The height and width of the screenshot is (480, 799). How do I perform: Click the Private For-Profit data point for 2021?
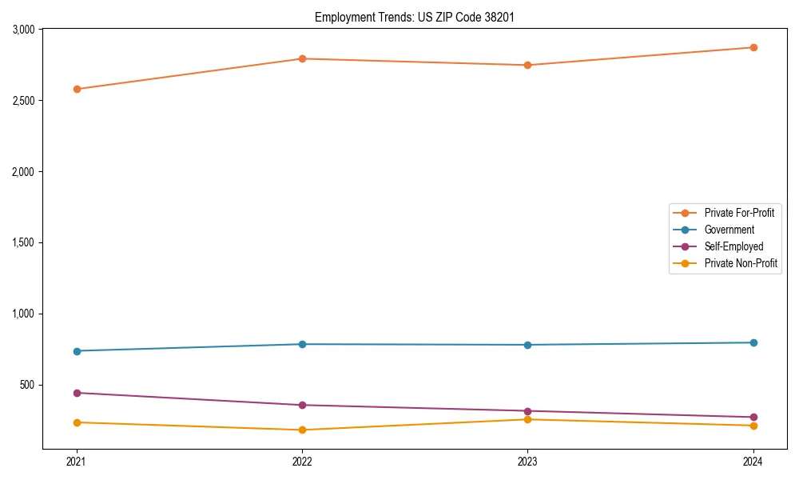coord(77,89)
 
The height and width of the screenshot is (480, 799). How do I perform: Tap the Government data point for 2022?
coord(302,344)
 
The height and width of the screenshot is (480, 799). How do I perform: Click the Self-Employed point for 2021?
coord(77,393)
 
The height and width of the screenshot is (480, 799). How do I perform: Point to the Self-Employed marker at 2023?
coord(527,411)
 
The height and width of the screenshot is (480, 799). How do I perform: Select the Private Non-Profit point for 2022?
coord(302,430)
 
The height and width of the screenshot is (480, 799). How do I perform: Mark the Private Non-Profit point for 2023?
coord(527,419)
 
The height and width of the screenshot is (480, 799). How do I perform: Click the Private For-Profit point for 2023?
coord(527,65)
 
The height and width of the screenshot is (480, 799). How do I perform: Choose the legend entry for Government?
coord(729,230)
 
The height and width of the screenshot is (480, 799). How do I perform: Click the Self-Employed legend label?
coord(733,246)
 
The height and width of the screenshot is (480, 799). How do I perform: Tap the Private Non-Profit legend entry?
coord(741,263)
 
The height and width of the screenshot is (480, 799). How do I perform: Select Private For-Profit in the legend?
coord(738,213)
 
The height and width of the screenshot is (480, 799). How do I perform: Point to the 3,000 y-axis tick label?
coord(22,30)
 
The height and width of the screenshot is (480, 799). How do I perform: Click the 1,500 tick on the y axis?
coord(22,242)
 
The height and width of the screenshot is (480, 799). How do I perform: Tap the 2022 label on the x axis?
coord(302,462)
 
